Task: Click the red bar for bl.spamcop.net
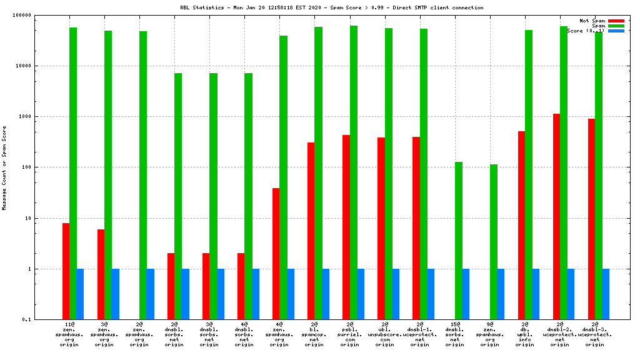click(311, 231)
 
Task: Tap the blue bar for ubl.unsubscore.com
click(396, 294)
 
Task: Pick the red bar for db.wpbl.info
click(521, 226)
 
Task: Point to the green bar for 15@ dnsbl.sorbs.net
click(458, 241)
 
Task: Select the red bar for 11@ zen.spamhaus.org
click(66, 271)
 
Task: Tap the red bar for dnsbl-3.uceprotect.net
click(591, 219)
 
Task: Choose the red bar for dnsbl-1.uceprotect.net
click(416, 228)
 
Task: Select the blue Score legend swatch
click(616, 31)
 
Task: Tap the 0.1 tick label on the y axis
click(46, 320)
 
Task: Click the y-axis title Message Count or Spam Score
click(4, 167)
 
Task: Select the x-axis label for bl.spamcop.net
click(314, 334)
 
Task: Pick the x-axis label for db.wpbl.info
click(525, 334)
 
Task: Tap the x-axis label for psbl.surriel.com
click(349, 334)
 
